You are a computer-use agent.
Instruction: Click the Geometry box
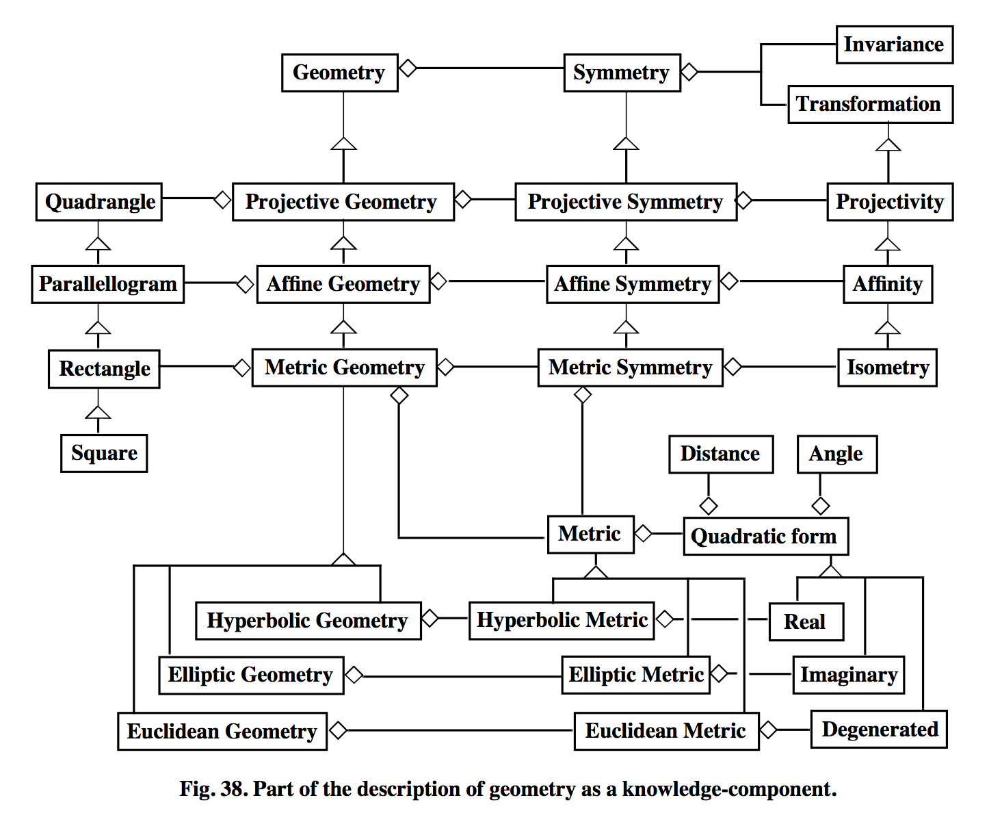click(x=339, y=73)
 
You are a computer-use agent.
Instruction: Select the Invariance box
click(x=894, y=44)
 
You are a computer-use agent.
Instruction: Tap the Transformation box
click(x=869, y=104)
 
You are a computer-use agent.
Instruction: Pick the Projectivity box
click(x=889, y=202)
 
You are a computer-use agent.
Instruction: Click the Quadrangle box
click(x=99, y=202)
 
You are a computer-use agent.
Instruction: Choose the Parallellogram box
click(x=107, y=284)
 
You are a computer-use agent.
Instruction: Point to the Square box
click(x=104, y=453)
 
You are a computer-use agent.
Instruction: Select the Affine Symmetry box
click(x=632, y=284)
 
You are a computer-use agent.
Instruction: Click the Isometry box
click(x=887, y=368)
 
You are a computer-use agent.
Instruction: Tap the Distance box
click(x=720, y=454)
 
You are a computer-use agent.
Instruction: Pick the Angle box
click(x=836, y=454)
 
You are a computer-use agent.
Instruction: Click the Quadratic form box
click(x=765, y=536)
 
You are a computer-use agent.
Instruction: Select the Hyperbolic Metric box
click(x=561, y=620)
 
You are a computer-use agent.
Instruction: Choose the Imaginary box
click(x=848, y=675)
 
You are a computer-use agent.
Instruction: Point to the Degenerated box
click(x=879, y=730)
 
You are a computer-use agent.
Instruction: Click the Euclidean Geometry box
click(x=222, y=732)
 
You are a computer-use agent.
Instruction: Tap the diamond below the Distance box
click(x=709, y=506)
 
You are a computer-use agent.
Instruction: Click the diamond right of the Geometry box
click(x=408, y=68)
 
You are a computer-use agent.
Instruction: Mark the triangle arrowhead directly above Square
click(x=98, y=412)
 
